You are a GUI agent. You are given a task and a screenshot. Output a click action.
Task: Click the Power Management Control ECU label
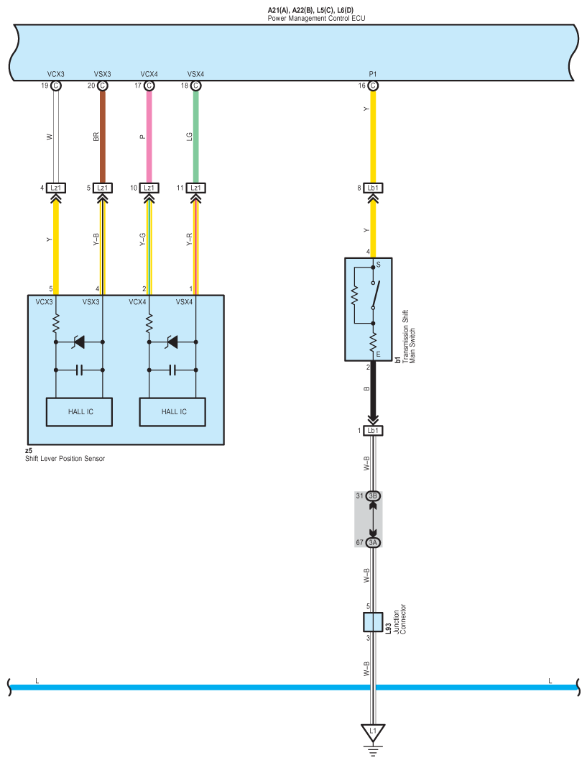pos(315,17)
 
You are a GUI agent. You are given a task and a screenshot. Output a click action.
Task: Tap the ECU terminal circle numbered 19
pos(55,86)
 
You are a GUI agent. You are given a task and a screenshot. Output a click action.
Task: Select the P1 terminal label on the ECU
pos(372,74)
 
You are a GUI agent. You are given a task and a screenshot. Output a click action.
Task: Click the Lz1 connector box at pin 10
pos(149,188)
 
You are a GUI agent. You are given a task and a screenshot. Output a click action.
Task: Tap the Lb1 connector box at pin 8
pos(373,188)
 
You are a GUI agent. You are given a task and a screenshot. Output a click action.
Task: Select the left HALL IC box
pos(80,412)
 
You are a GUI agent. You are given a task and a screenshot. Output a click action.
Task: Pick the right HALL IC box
pos(173,412)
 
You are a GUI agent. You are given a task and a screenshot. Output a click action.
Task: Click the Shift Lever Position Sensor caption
pos(65,458)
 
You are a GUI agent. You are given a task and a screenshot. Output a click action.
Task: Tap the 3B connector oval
pos(373,496)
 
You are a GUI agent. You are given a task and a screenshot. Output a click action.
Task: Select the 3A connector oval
pos(373,543)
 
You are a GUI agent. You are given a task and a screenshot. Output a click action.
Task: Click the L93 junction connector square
pos(373,622)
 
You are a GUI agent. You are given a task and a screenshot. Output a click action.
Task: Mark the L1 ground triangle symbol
pos(373,732)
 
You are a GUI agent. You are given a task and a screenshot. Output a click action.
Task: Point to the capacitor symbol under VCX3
pos(80,370)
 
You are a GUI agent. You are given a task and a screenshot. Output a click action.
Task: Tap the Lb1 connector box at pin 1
pos(373,431)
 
